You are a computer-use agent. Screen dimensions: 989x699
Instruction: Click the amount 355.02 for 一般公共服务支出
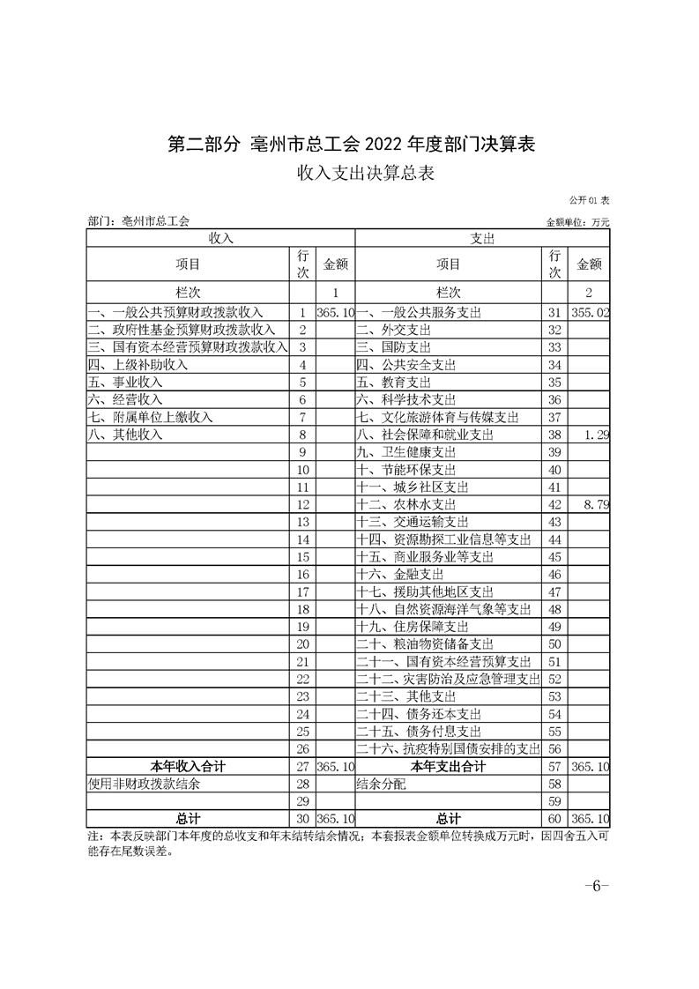click(590, 312)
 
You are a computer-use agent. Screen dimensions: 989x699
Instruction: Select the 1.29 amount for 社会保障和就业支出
click(597, 435)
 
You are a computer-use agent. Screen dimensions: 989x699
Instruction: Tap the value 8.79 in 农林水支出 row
click(597, 504)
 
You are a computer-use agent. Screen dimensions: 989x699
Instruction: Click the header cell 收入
click(220, 239)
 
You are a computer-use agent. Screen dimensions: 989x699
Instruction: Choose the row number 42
click(554, 504)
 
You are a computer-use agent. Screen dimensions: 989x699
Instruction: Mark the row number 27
click(303, 767)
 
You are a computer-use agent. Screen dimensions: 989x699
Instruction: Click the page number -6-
click(597, 886)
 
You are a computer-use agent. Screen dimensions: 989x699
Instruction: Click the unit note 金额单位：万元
click(577, 222)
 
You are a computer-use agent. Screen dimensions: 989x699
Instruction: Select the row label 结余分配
click(382, 785)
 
